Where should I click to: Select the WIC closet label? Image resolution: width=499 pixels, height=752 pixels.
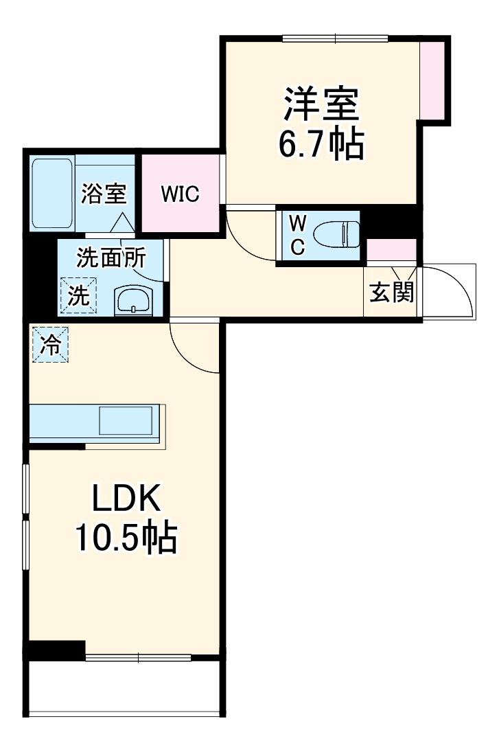click(180, 194)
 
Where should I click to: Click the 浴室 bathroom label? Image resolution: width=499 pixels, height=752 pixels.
click(104, 194)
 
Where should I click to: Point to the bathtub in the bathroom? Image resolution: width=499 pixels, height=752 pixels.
click(53, 193)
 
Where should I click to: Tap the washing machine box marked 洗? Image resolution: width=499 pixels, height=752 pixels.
click(78, 295)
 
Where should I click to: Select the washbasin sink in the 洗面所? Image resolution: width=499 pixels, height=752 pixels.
click(133, 300)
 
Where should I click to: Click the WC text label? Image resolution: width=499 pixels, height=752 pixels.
click(297, 236)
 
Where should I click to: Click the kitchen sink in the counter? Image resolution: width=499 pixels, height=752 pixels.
click(126, 420)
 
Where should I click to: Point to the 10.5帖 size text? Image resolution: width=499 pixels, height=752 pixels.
click(127, 539)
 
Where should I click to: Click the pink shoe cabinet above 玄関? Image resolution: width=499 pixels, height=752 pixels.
click(392, 251)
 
